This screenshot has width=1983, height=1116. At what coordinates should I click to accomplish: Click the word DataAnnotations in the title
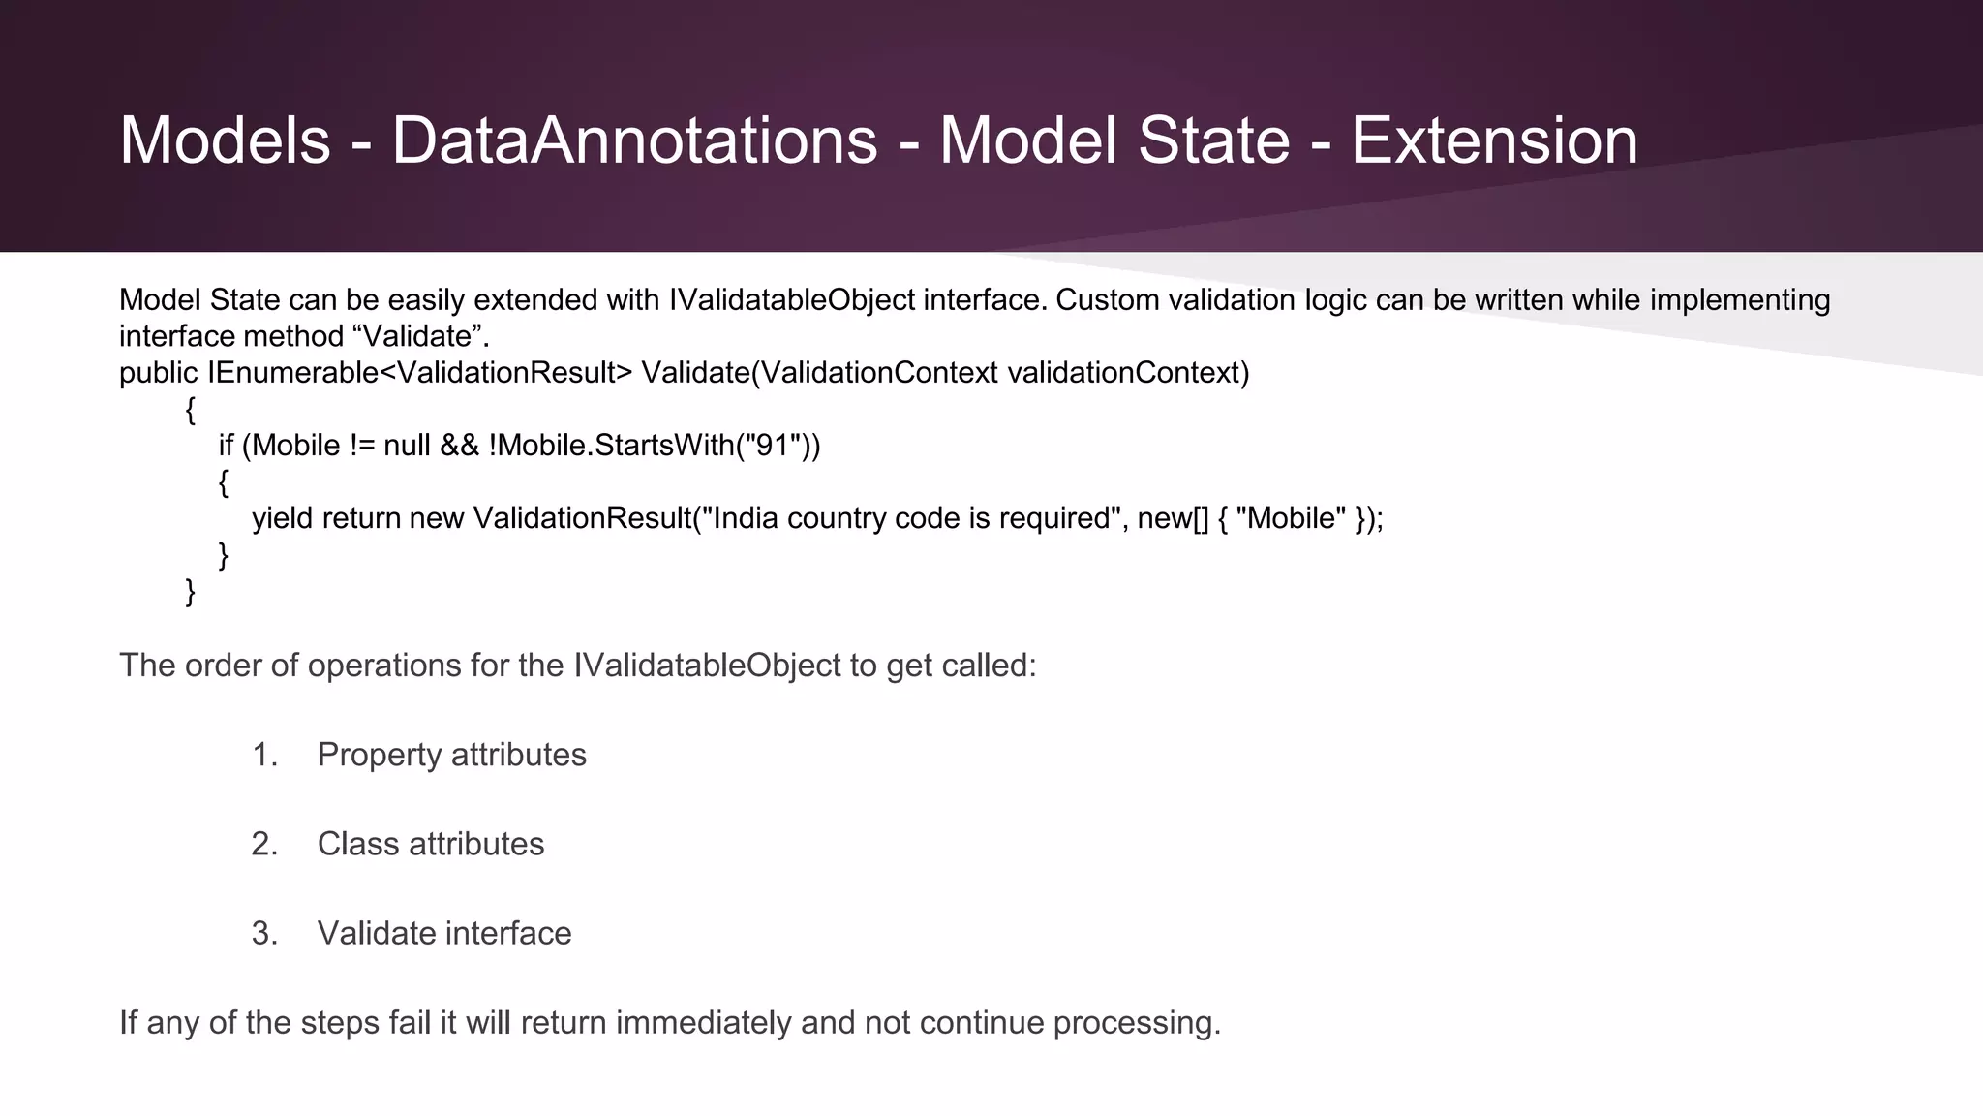point(634,140)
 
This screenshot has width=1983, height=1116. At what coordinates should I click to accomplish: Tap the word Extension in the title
point(1494,140)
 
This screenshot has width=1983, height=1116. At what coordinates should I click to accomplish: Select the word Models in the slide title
point(225,140)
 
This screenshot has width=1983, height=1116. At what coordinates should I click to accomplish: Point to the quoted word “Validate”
point(422,336)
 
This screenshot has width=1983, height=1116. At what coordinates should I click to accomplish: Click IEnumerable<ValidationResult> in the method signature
point(419,373)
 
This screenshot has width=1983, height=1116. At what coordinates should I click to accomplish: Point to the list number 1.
point(264,755)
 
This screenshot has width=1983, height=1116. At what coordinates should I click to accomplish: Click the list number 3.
point(264,933)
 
